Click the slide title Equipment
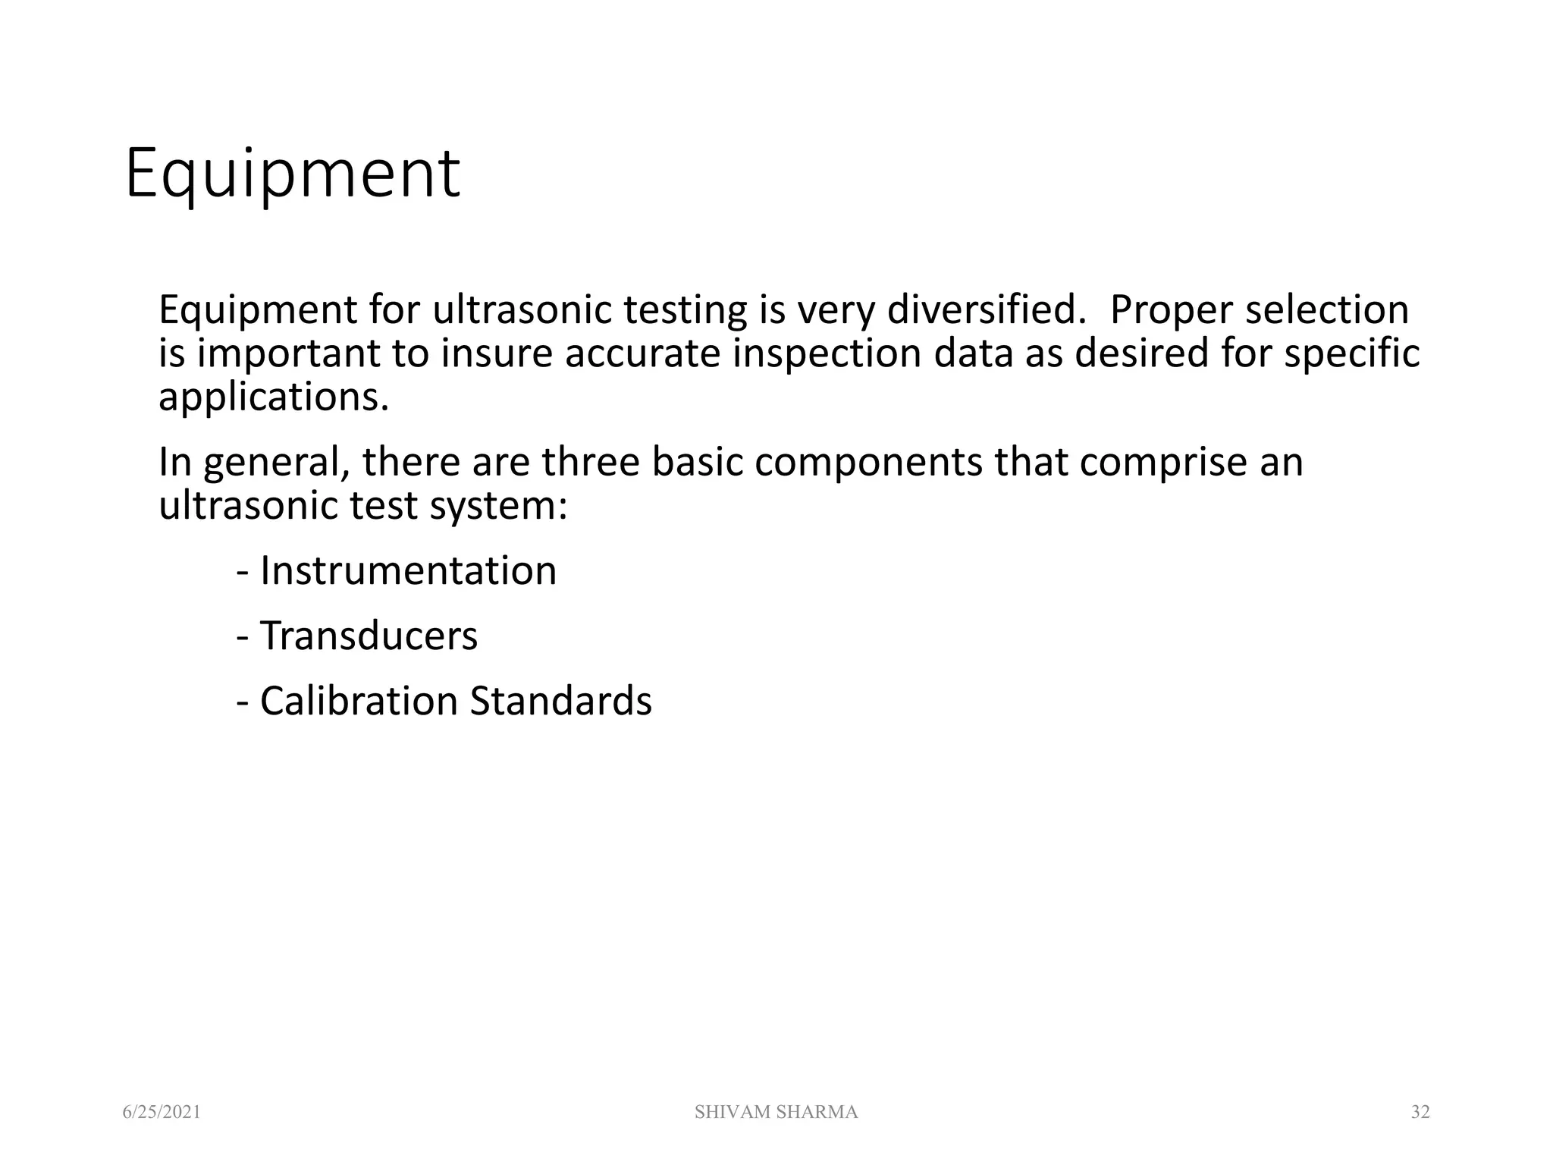pyautogui.click(x=292, y=176)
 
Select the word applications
pyautogui.click(x=273, y=397)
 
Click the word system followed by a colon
pyautogui.click(x=497, y=506)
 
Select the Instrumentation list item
pyautogui.click(x=407, y=570)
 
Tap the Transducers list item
pyautogui.click(x=368, y=636)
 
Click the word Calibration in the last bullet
pyautogui.click(x=359, y=701)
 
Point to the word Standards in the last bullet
pyautogui.click(x=560, y=701)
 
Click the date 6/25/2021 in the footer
pyautogui.click(x=162, y=1112)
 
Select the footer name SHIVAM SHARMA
pyautogui.click(x=776, y=1112)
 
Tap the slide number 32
pyautogui.click(x=1420, y=1112)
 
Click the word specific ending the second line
pyautogui.click(x=1351, y=353)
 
